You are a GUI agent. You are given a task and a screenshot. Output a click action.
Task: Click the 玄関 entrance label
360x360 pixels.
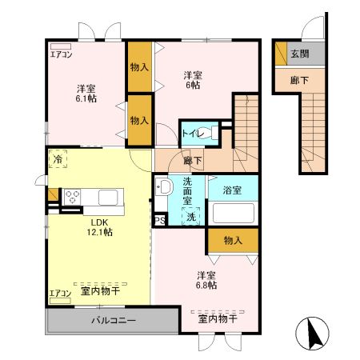coord(300,55)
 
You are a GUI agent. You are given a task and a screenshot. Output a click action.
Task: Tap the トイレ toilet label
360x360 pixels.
coord(191,133)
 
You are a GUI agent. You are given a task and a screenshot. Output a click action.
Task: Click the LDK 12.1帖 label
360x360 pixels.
coord(101,226)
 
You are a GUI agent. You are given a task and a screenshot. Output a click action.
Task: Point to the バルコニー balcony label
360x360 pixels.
coord(113,321)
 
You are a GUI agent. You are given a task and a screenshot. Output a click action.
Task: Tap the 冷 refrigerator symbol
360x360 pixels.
coord(58,160)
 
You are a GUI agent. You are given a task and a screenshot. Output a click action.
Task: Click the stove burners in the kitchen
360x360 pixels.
coord(72,197)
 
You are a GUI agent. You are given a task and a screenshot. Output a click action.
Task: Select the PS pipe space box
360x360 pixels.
coord(159,220)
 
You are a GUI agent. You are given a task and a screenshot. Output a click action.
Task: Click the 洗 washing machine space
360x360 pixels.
coord(191,217)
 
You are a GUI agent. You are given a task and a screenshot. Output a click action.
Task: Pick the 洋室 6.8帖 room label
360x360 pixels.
coord(208,281)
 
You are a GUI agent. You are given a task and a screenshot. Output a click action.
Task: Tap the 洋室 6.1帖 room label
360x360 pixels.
coord(86,94)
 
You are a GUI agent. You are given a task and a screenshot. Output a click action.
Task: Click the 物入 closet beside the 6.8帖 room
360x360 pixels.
coord(233,240)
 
